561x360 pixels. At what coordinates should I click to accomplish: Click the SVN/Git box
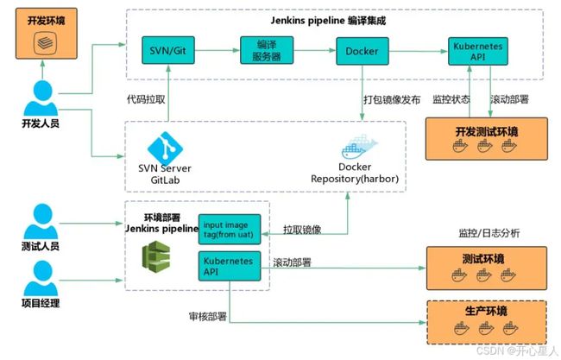click(x=168, y=50)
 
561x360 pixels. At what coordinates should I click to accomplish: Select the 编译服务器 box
click(x=267, y=50)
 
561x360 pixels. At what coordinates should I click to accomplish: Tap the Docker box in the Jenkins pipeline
click(x=362, y=51)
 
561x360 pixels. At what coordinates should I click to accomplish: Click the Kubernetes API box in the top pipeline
click(x=477, y=51)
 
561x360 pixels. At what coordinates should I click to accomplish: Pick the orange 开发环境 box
click(x=47, y=34)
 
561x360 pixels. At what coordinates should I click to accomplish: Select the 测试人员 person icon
click(x=41, y=221)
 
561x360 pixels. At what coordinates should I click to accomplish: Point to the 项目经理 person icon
click(x=41, y=278)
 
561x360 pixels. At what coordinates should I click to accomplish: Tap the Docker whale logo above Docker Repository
click(x=359, y=147)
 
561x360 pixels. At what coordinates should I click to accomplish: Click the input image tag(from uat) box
click(x=230, y=230)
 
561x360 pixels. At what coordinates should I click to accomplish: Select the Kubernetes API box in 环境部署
click(x=230, y=266)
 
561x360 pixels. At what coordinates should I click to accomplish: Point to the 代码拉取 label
click(x=146, y=99)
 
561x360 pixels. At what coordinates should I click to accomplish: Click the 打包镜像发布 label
click(x=392, y=99)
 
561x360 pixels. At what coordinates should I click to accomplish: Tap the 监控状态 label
click(x=451, y=99)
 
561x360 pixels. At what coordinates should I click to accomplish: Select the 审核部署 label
click(x=208, y=316)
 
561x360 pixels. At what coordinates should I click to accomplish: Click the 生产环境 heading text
click(x=486, y=311)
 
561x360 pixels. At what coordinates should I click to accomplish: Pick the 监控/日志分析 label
click(x=489, y=233)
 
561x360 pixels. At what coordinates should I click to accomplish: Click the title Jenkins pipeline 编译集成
click(x=328, y=21)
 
